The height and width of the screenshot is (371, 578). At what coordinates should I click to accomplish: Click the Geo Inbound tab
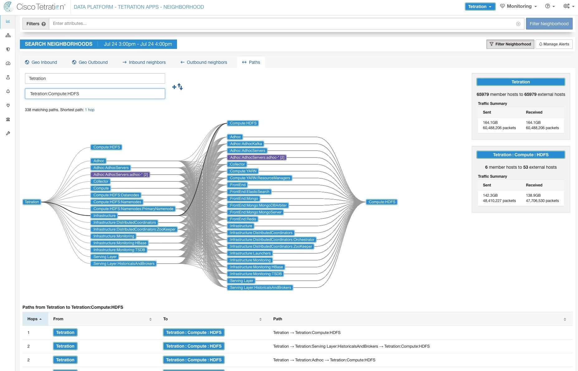click(41, 62)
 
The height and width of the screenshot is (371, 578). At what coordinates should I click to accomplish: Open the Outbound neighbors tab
click(204, 62)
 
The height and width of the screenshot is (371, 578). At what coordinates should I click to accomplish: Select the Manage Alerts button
click(554, 44)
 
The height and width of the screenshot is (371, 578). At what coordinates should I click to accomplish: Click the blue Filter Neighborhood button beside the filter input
click(549, 24)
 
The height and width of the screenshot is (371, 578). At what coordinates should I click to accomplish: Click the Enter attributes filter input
click(280, 24)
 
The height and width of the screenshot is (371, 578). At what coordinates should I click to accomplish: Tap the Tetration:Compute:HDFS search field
click(95, 94)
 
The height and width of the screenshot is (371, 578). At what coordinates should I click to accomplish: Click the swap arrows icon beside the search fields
click(180, 87)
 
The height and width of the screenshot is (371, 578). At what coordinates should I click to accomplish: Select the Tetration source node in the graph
click(32, 202)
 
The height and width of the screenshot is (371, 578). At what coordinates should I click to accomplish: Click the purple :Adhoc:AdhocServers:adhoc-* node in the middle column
click(257, 157)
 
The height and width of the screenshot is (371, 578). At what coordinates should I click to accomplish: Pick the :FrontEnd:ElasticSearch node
click(249, 192)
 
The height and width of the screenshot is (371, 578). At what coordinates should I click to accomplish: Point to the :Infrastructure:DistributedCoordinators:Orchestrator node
click(272, 240)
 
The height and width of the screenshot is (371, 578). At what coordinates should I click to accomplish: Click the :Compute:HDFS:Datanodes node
click(116, 195)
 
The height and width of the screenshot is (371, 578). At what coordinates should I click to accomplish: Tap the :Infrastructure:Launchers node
click(250, 253)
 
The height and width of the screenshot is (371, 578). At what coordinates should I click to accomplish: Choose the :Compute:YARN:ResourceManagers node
click(260, 178)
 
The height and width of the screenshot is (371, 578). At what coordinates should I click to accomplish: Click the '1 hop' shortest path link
click(90, 110)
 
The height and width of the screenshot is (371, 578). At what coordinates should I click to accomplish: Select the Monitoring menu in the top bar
click(518, 6)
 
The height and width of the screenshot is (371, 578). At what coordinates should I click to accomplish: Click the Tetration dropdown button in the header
click(480, 7)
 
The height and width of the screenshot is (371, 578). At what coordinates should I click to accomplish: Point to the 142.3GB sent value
click(490, 195)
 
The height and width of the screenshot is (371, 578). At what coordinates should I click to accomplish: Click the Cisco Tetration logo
click(34, 7)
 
